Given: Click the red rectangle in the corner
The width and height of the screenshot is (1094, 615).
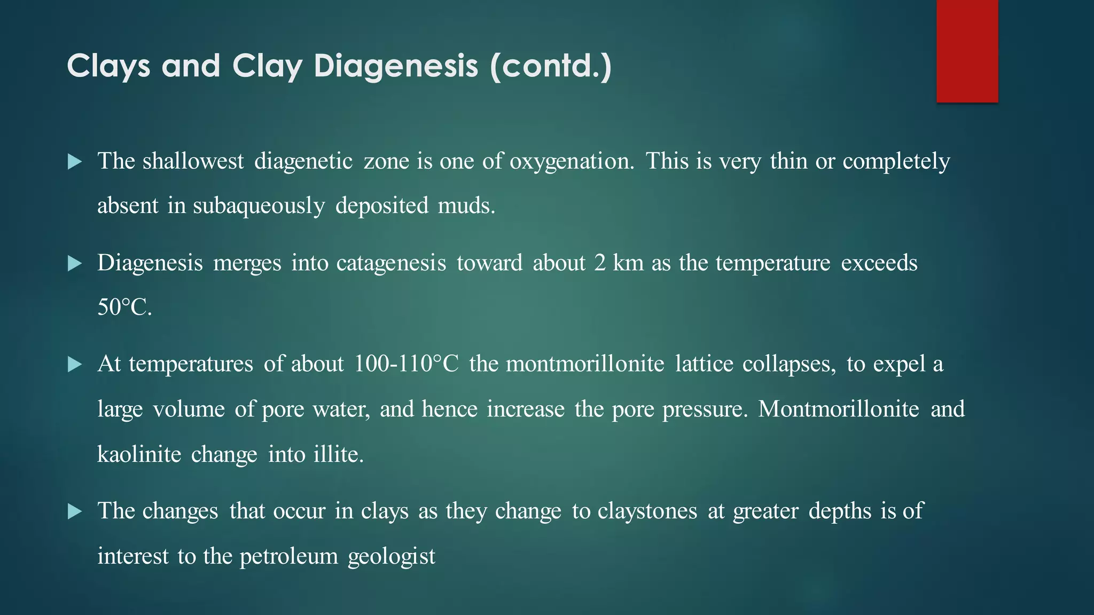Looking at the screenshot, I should point(967,51).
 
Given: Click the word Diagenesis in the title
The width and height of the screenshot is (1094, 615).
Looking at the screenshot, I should point(396,66).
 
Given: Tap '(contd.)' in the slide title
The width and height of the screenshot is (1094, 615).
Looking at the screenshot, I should point(550,66).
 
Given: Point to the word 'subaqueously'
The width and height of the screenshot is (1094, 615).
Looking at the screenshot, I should point(259,206).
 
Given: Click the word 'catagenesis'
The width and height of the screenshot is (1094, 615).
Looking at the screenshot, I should point(391,263).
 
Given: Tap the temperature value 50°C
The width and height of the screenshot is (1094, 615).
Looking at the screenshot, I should point(124,307).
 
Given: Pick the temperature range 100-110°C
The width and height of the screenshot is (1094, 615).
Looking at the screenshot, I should point(406,364).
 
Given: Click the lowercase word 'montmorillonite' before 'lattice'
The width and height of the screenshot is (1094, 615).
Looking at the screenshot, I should point(585,364).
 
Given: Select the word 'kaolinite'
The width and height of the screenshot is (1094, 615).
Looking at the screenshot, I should point(139,454).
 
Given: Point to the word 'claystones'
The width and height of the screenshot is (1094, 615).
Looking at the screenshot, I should point(647,511).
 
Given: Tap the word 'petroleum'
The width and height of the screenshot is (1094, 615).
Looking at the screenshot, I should point(288,556).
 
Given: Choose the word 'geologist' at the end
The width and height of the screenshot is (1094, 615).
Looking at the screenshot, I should point(391,556).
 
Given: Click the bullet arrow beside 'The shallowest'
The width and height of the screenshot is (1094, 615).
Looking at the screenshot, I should point(75,162).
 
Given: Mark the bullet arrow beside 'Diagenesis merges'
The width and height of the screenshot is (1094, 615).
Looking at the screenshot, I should point(75,264).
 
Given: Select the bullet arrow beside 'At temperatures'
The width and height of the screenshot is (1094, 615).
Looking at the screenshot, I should point(75,365).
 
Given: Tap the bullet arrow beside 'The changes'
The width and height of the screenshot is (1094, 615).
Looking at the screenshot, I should point(75,511).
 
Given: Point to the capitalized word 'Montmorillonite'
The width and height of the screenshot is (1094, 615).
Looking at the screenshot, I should point(839,409).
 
